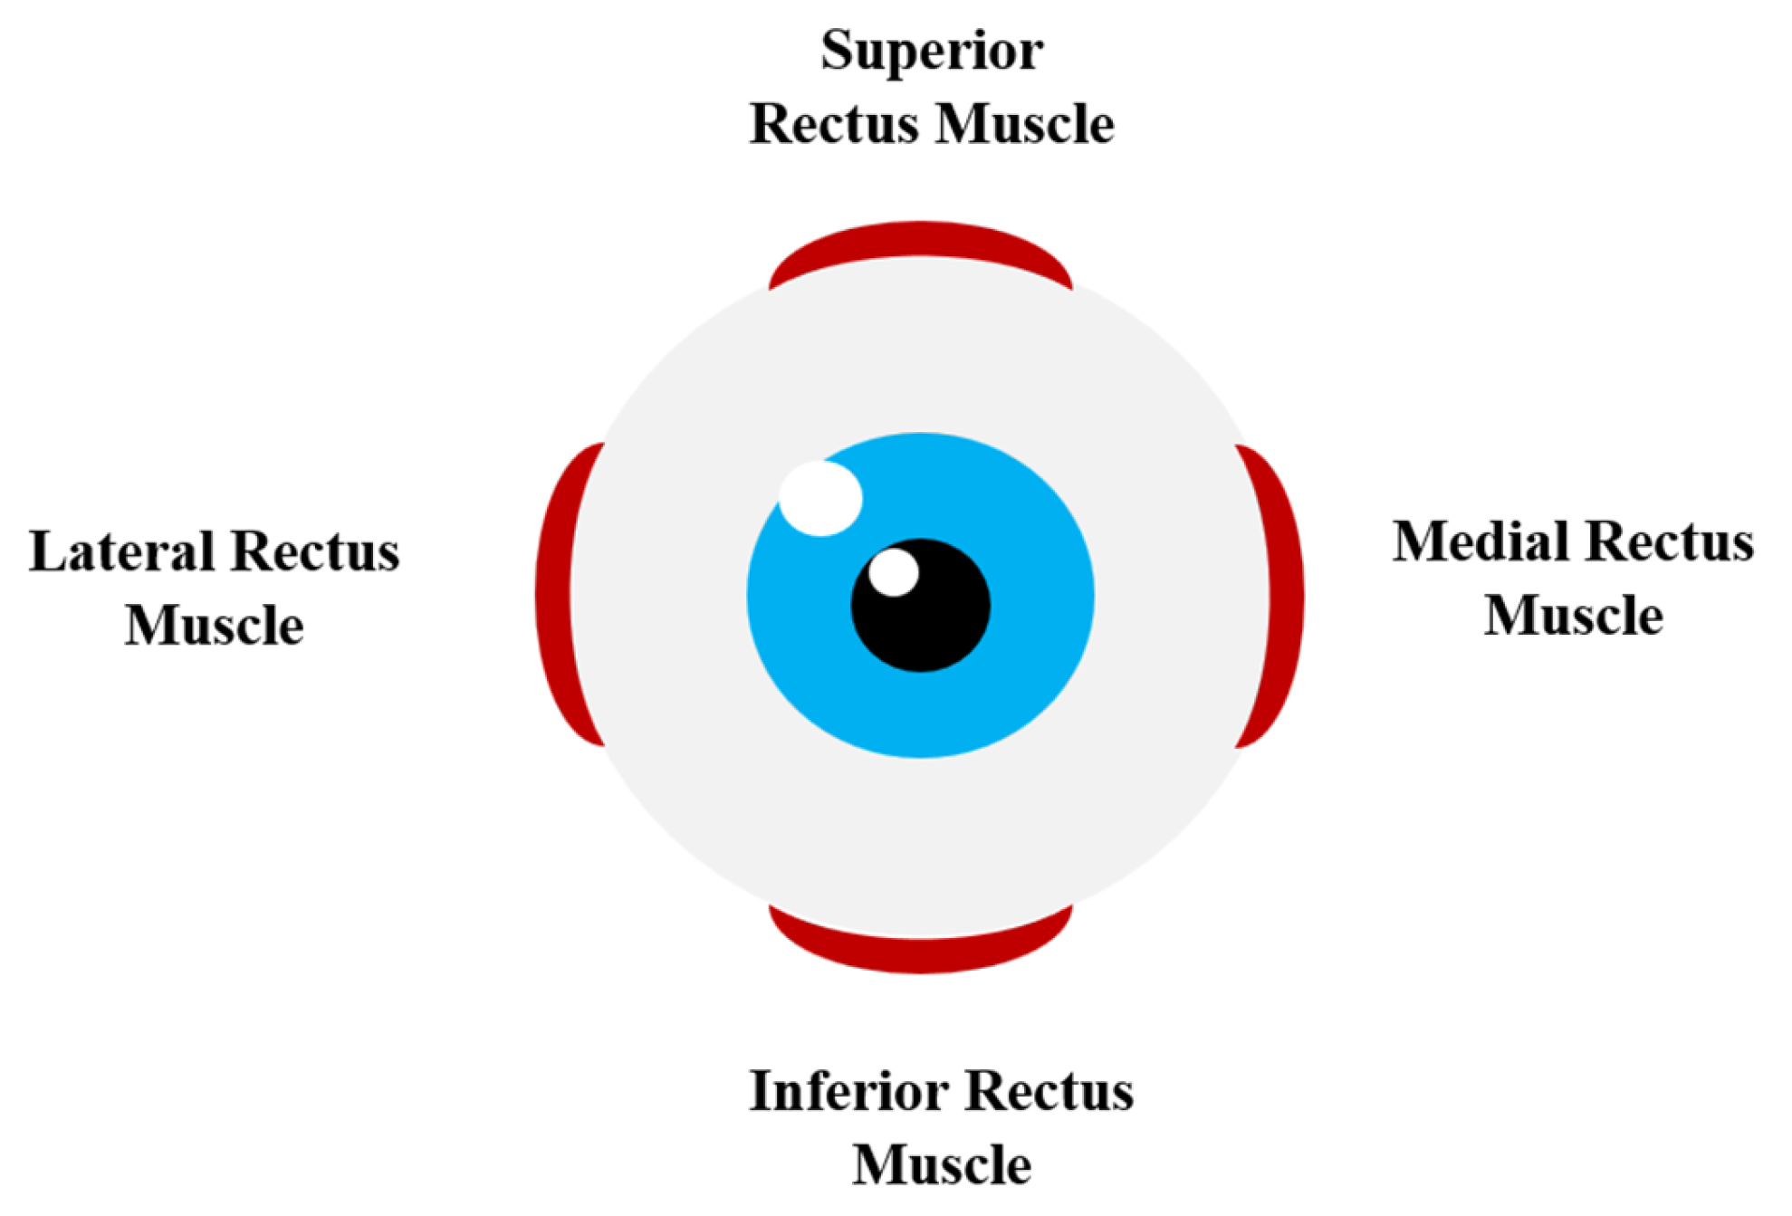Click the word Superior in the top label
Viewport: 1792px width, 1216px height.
(x=931, y=52)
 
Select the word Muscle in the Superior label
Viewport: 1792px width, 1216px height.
(x=1024, y=124)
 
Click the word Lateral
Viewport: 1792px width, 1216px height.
(x=121, y=551)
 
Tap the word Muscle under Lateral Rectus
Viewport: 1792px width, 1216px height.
(x=214, y=625)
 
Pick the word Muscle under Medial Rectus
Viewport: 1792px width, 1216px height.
(x=1573, y=616)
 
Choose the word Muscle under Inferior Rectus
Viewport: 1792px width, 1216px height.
(x=941, y=1164)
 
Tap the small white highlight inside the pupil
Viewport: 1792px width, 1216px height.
(x=893, y=572)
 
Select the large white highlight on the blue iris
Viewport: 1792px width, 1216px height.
(x=820, y=498)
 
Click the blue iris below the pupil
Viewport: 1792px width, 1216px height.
(x=920, y=715)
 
